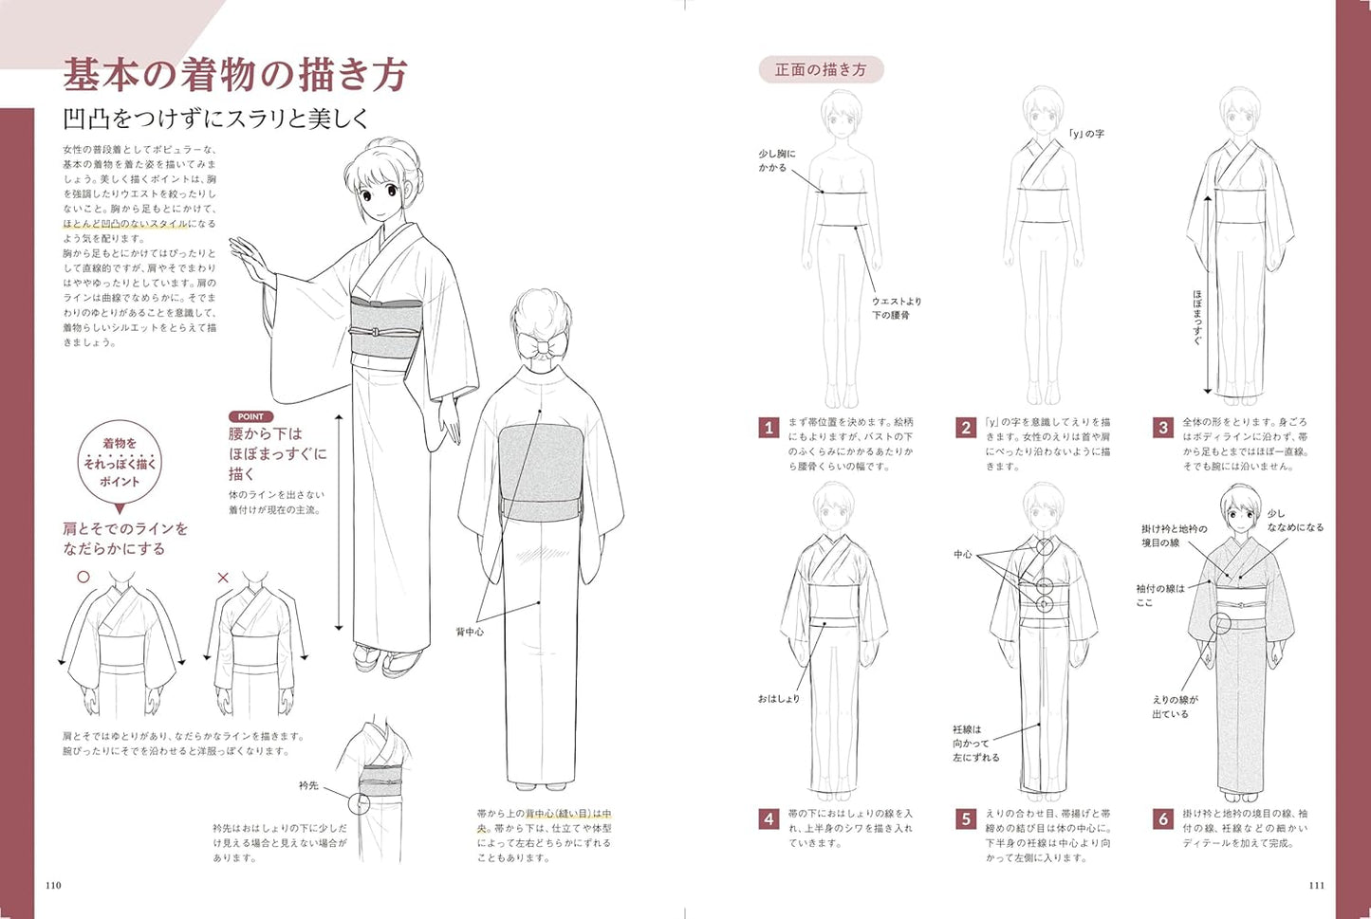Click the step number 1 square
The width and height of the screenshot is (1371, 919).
pyautogui.click(x=769, y=428)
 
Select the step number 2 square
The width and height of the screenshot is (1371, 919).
pyautogui.click(x=966, y=428)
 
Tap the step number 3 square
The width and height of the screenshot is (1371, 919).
pyautogui.click(x=1163, y=428)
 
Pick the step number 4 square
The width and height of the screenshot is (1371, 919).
pyautogui.click(x=769, y=818)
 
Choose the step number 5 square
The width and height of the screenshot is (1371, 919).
pyautogui.click(x=966, y=818)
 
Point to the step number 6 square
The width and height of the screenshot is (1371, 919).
pyautogui.click(x=1163, y=818)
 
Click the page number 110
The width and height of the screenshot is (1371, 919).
pyautogui.click(x=53, y=885)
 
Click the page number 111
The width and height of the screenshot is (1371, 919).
pyautogui.click(x=1316, y=885)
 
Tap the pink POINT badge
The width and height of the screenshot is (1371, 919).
pyautogui.click(x=250, y=416)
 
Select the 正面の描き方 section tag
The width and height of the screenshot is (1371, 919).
pyautogui.click(x=821, y=69)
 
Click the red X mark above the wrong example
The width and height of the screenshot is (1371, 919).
pyautogui.click(x=223, y=577)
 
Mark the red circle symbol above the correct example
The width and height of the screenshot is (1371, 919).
pyautogui.click(x=83, y=577)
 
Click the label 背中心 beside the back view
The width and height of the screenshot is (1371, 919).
pyautogui.click(x=469, y=631)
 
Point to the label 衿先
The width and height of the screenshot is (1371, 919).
pyautogui.click(x=308, y=785)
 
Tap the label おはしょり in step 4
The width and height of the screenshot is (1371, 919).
pyautogui.click(x=778, y=699)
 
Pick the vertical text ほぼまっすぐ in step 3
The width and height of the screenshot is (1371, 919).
pyautogui.click(x=1197, y=318)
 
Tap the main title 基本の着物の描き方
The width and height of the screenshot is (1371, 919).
pyautogui.click(x=235, y=75)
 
